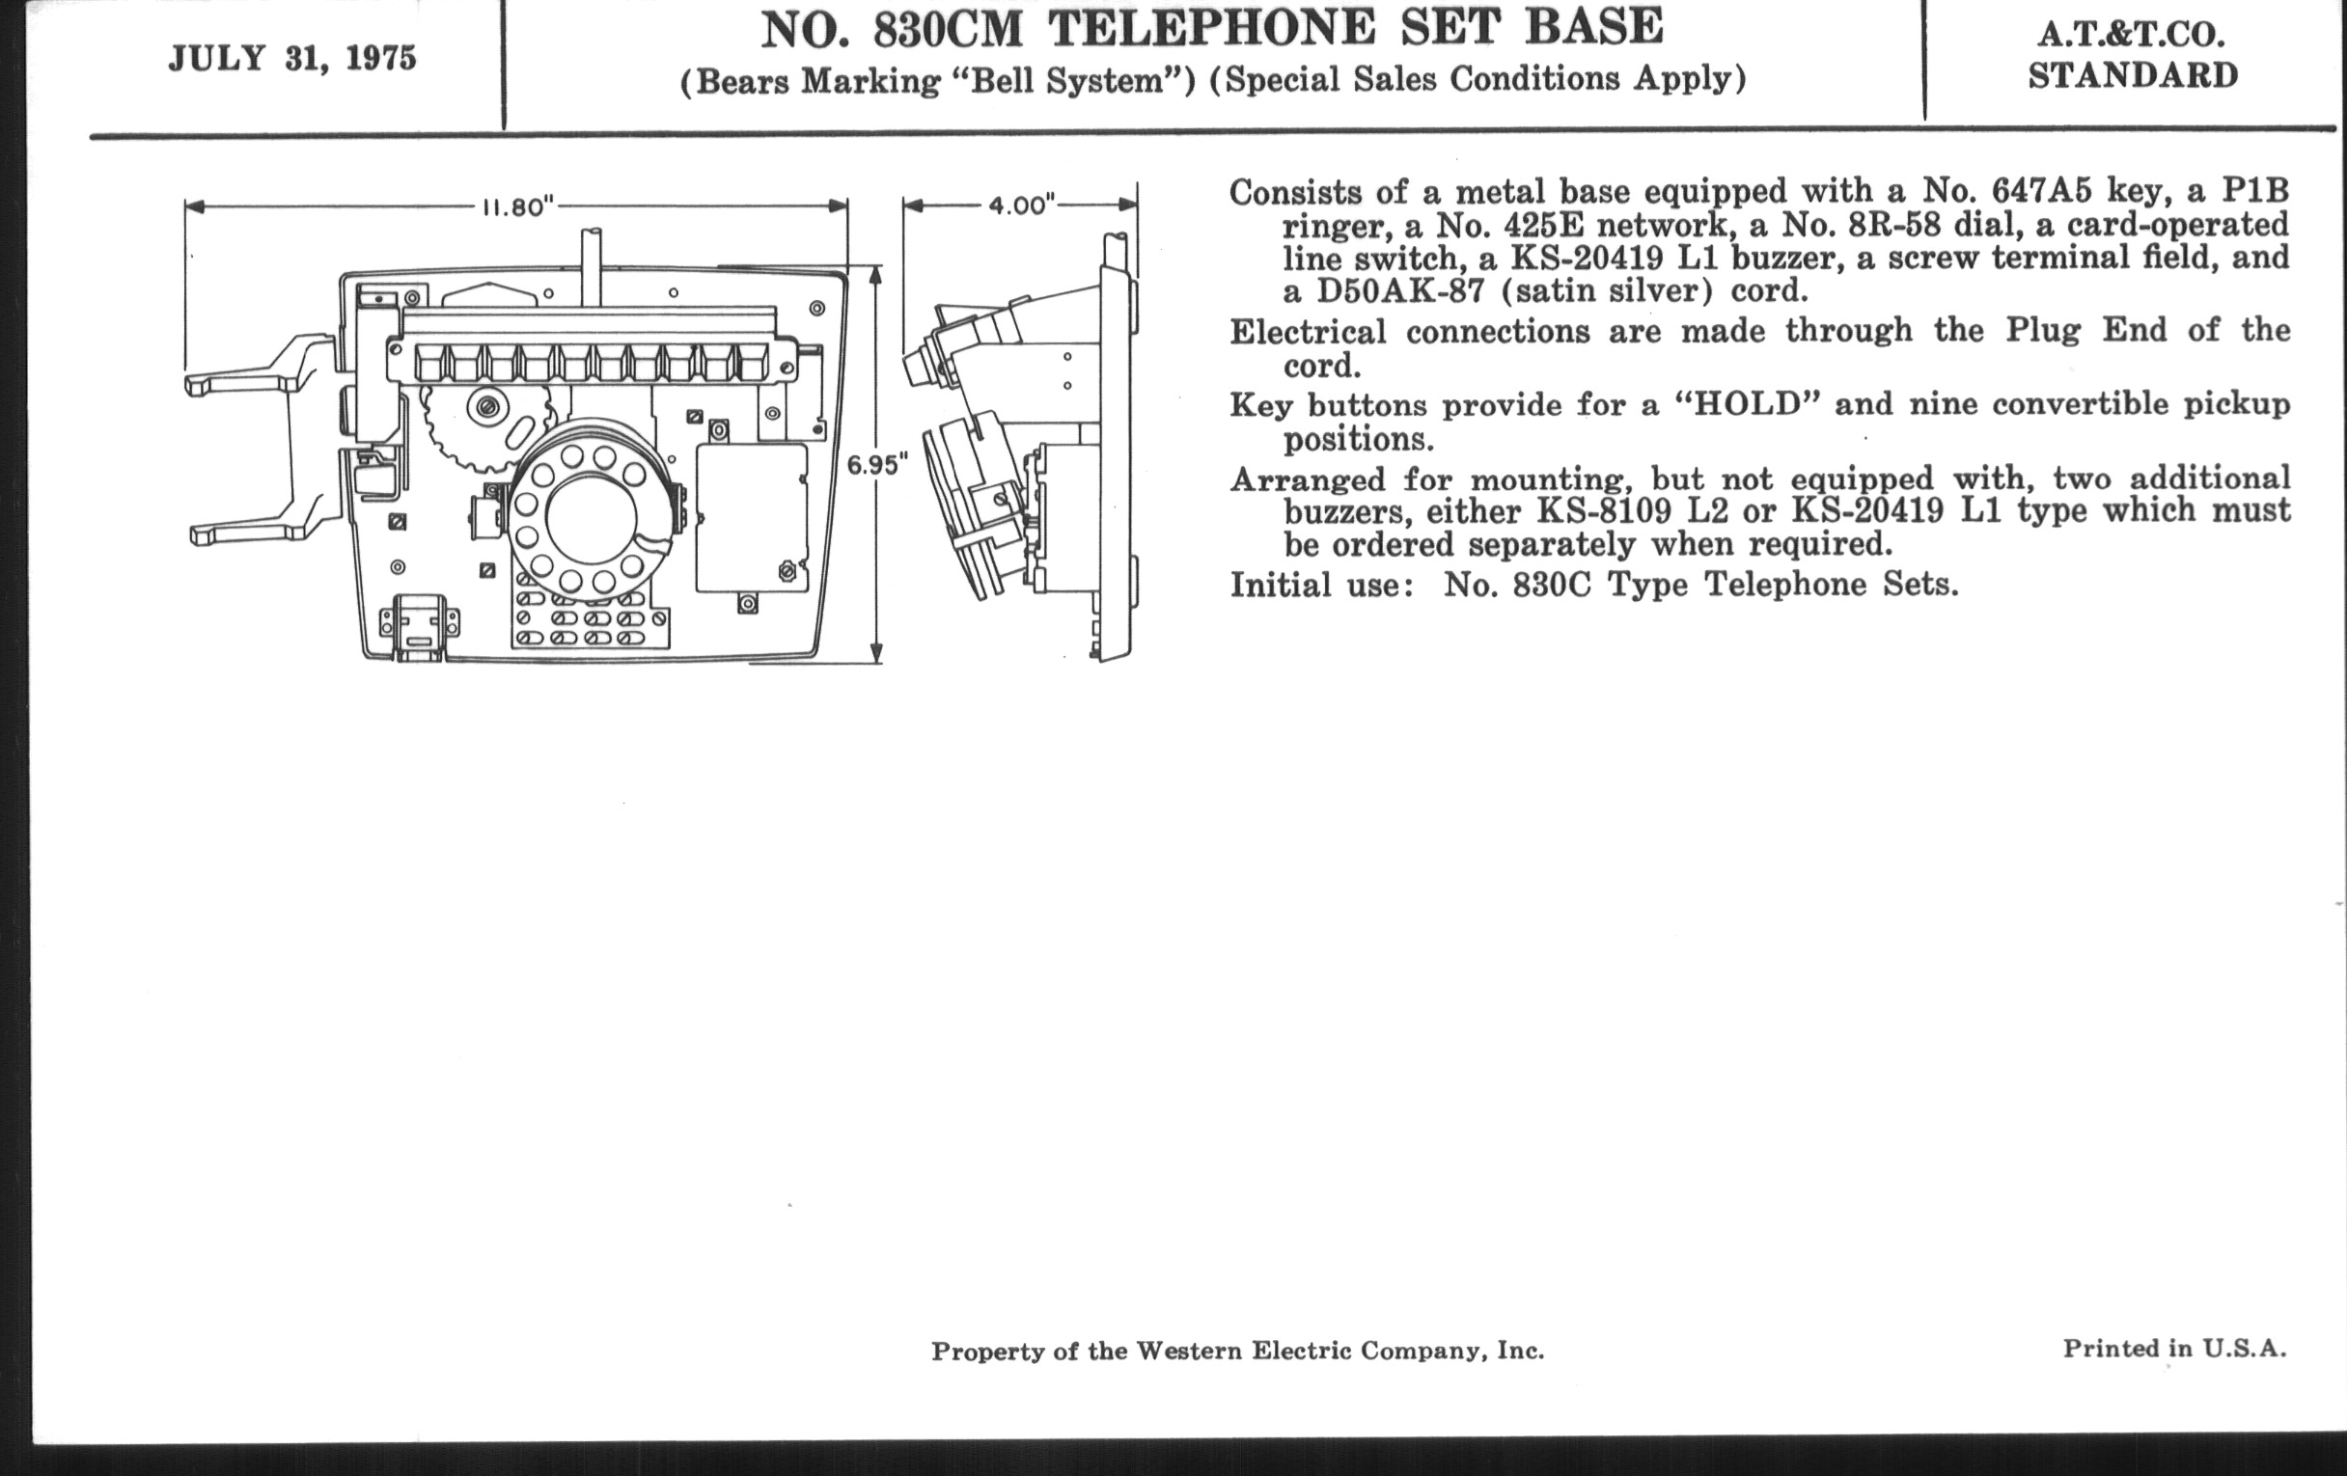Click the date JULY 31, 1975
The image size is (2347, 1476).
(292, 59)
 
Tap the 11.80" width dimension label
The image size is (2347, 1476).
(518, 206)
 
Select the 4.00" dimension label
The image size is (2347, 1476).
(1022, 205)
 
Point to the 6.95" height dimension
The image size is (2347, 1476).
(876, 465)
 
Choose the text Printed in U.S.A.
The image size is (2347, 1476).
(2174, 1349)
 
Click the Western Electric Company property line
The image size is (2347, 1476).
(1238, 1352)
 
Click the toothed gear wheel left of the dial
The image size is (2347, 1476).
(467, 424)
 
